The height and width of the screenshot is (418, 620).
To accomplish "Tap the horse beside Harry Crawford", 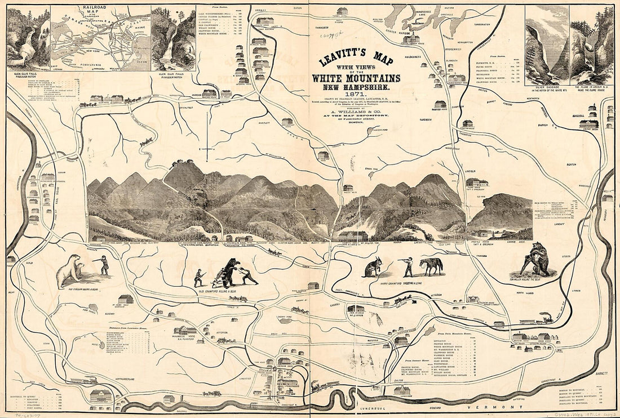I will coord(431,265).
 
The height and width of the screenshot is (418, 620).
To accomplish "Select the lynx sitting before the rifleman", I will coord(373,268).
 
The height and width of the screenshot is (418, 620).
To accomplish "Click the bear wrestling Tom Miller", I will coord(538,260).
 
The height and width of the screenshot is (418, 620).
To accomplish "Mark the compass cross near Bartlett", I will coord(208,149).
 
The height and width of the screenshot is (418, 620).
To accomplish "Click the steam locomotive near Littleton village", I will coord(545,318).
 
